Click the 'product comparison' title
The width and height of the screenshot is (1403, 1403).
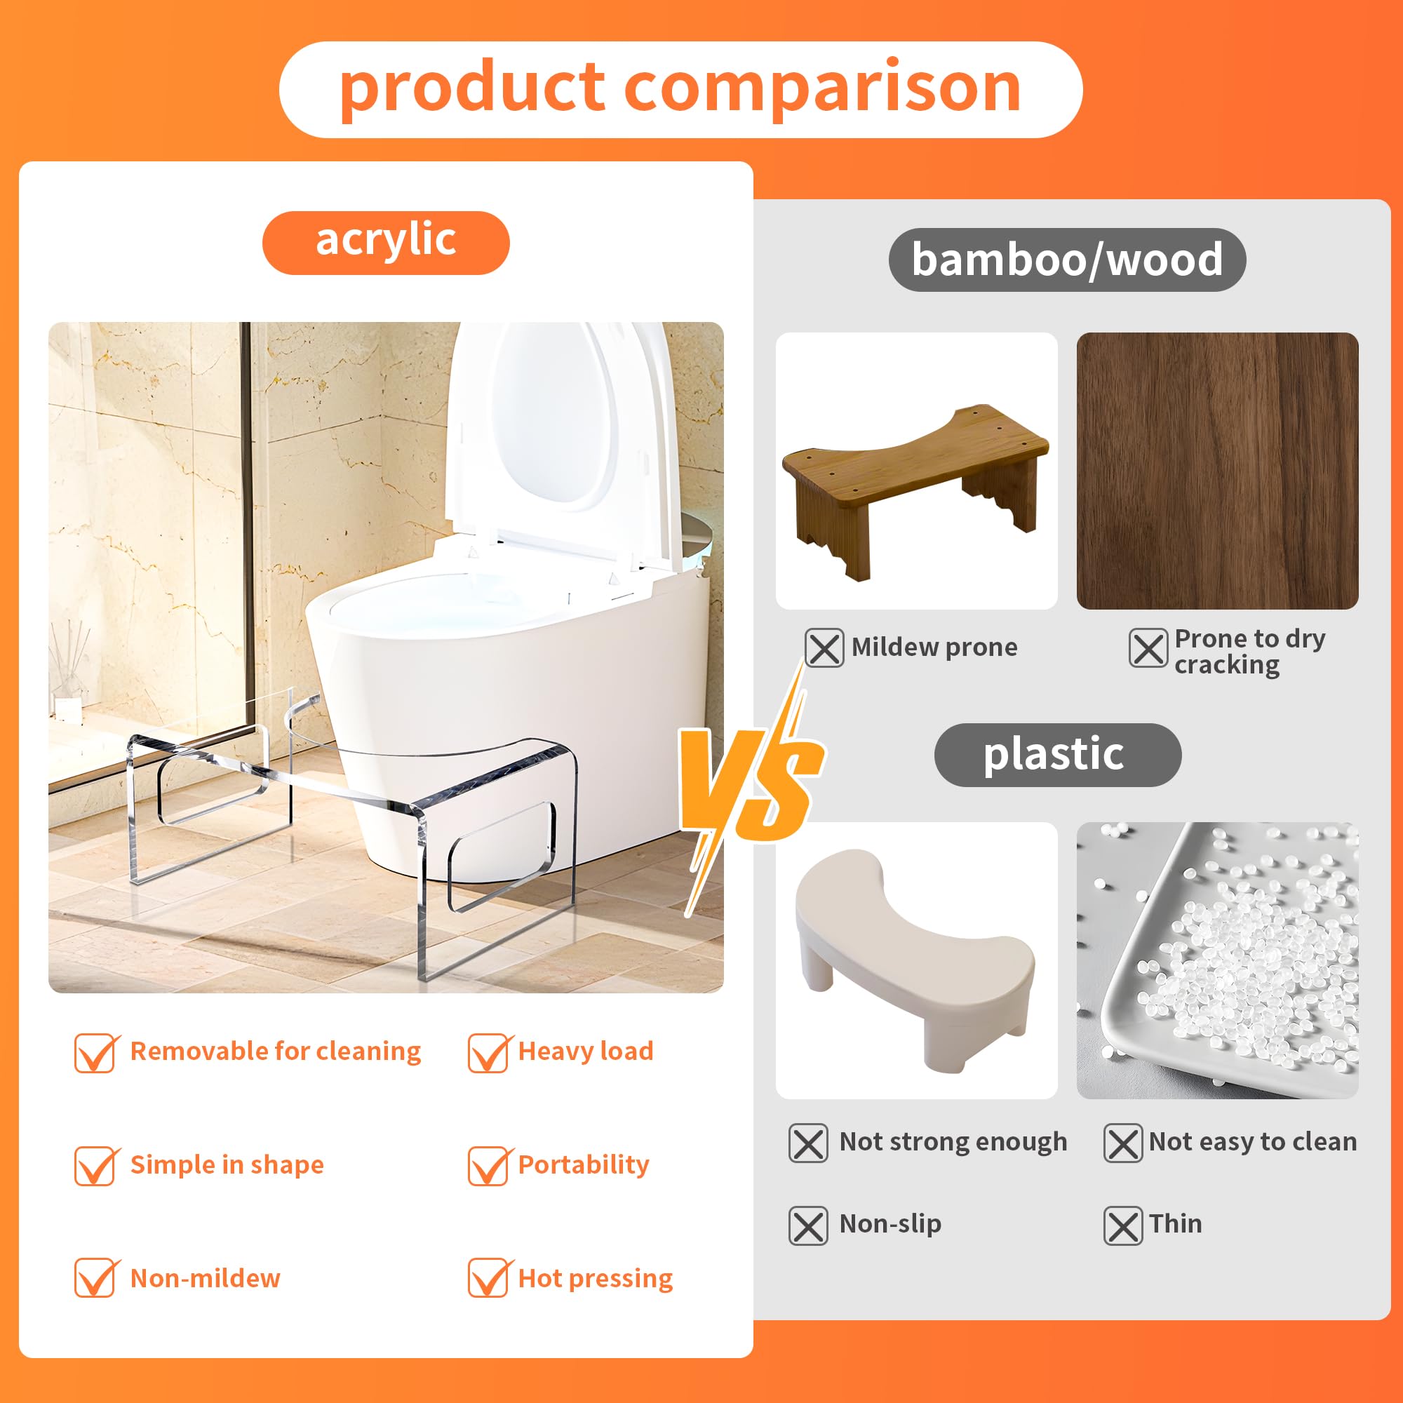pyautogui.click(x=680, y=89)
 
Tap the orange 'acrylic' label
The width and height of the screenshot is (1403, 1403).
pyautogui.click(x=386, y=243)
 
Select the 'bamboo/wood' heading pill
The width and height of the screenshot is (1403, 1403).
pyautogui.click(x=1067, y=260)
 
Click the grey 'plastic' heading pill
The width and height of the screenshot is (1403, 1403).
pyautogui.click(x=1056, y=755)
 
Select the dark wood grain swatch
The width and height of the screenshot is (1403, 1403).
pyautogui.click(x=1217, y=471)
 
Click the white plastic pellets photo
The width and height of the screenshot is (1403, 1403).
pyautogui.click(x=1217, y=960)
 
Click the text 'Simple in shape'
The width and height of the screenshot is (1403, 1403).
pyautogui.click(x=227, y=1164)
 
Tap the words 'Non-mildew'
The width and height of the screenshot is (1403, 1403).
pyautogui.click(x=205, y=1278)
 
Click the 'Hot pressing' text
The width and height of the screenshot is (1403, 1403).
pyautogui.click(x=596, y=1278)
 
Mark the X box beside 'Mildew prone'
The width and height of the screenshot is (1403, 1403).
pyautogui.click(x=824, y=647)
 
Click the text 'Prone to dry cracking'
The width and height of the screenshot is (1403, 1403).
pyautogui.click(x=1249, y=652)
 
